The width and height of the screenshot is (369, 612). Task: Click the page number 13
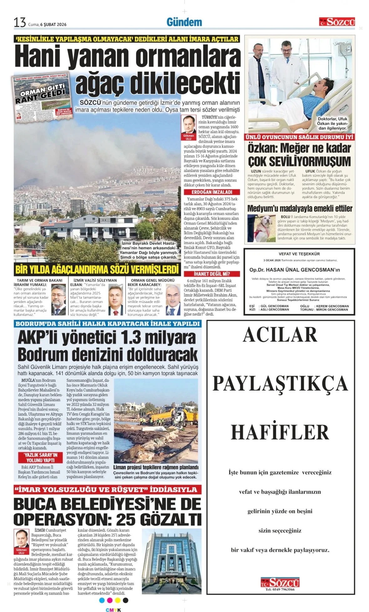coord(20,22)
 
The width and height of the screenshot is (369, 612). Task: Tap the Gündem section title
coord(184,22)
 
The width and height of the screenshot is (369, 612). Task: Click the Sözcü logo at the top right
coord(337,22)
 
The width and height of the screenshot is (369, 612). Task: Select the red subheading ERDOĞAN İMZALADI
coord(212,192)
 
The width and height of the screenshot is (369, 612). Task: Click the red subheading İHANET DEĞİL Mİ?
coord(212,274)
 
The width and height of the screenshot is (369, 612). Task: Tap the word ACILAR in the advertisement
coord(280,335)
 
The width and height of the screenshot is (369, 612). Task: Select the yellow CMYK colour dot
coord(118,600)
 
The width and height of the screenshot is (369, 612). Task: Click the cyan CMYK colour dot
coord(101,600)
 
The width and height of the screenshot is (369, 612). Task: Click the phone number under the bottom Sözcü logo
coord(280,589)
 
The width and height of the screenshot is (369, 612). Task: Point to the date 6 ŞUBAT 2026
coord(53,24)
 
